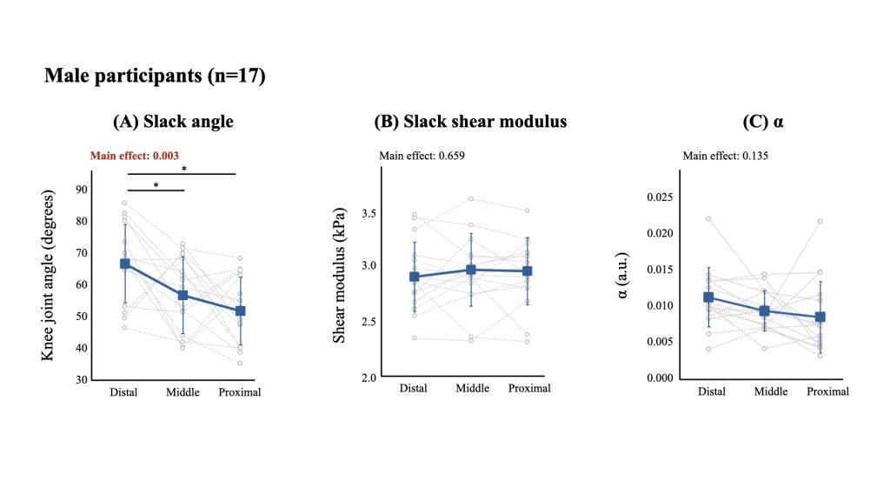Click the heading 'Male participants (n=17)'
[155, 77]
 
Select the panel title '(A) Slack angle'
[173, 122]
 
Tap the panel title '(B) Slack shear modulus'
[470, 122]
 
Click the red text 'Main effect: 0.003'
[135, 157]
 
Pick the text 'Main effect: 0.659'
[422, 157]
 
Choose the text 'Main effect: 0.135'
[726, 157]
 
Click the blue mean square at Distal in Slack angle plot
[125, 264]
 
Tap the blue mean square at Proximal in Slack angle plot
[240, 311]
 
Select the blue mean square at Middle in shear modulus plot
[471, 270]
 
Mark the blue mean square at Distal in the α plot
[709, 297]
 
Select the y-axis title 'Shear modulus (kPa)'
[341, 275]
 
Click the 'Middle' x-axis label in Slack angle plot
[183, 392]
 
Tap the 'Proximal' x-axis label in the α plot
[827, 391]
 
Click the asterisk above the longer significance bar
[183, 169]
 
